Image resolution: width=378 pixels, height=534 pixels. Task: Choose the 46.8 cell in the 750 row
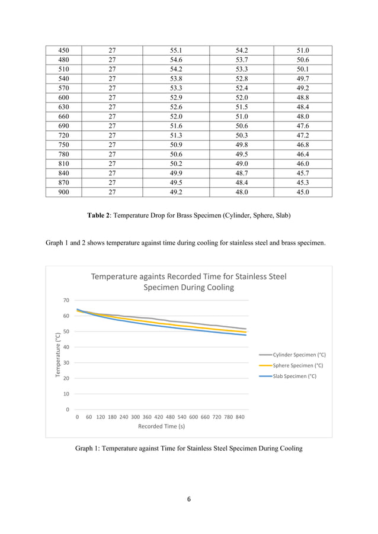click(x=303, y=145)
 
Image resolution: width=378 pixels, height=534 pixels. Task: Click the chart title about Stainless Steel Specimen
click(x=188, y=282)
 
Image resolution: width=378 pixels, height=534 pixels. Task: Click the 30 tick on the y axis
click(x=67, y=363)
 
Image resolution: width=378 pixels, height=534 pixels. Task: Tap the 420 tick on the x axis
click(x=159, y=417)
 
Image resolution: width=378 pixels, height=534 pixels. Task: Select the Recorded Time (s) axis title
click(x=161, y=426)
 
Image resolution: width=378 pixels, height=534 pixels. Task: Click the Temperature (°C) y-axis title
click(x=57, y=355)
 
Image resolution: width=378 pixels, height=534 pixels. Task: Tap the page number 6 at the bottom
click(x=188, y=500)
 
